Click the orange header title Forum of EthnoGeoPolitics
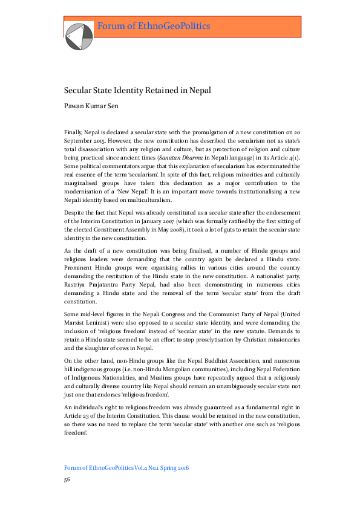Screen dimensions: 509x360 click(x=154, y=26)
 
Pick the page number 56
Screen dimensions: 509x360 click(x=68, y=479)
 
